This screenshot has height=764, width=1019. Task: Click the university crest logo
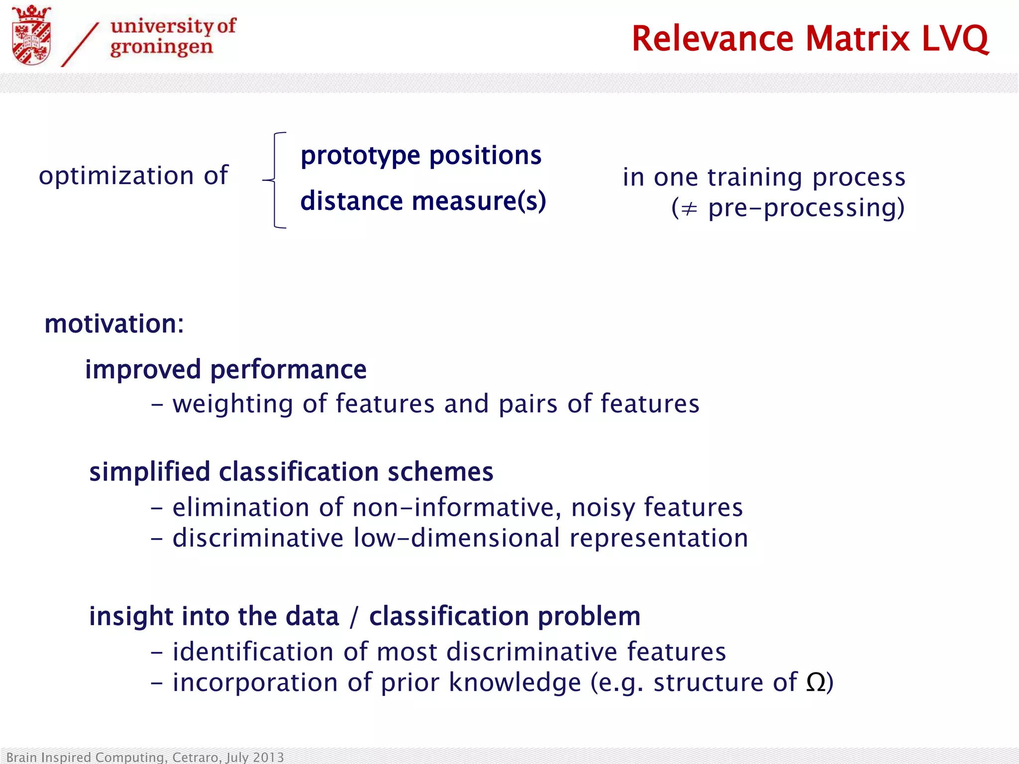pos(31,36)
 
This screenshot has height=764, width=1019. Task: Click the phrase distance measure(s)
pos(423,201)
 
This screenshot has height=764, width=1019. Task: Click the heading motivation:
pos(114,324)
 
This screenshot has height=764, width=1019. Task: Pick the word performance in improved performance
pos(288,370)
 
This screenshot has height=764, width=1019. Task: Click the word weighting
pos(233,404)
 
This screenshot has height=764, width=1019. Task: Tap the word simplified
pos(149,472)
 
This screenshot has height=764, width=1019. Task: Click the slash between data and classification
pos(354,617)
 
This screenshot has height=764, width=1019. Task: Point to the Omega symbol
pos(815,682)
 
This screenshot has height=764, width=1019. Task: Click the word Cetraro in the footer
pos(195,757)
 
